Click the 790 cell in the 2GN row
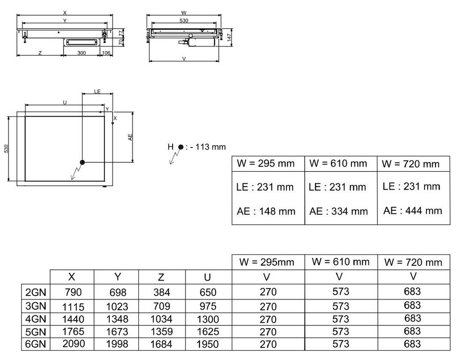pyautogui.click(x=74, y=292)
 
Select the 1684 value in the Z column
pyautogui.click(x=161, y=344)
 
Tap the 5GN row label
pyautogui.click(x=36, y=332)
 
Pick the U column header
pyautogui.click(x=207, y=277)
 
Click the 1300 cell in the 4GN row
pyautogui.click(x=208, y=319)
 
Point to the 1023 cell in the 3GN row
pyautogui.click(x=117, y=307)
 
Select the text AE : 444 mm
pyautogui.click(x=412, y=210)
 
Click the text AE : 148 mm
pyautogui.click(x=266, y=211)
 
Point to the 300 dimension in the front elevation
pyautogui.click(x=82, y=53)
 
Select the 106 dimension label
pyautogui.click(x=106, y=53)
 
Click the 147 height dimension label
pyautogui.click(x=229, y=37)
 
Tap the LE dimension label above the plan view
pyautogui.click(x=97, y=91)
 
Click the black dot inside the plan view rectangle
pyautogui.click(x=82, y=162)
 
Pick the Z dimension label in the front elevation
pyautogui.click(x=40, y=53)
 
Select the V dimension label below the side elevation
pyautogui.click(x=184, y=59)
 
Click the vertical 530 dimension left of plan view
pyautogui.click(x=6, y=148)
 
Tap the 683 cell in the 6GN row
pyautogui.click(x=412, y=343)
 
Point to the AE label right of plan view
pyautogui.click(x=130, y=137)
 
